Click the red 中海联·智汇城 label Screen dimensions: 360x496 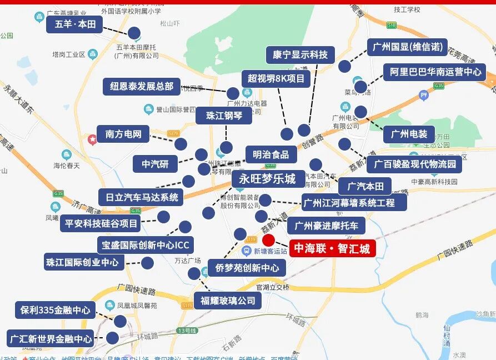pyautogui.click(x=332, y=248)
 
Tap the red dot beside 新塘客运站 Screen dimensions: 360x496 pyautogui.click(x=268, y=241)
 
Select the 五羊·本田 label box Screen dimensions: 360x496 pyautogui.click(x=75, y=24)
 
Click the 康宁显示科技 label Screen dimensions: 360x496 pyautogui.click(x=300, y=54)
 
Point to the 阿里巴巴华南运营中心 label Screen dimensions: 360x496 pyautogui.click(x=434, y=72)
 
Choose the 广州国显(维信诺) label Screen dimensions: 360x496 pyautogui.click(x=407, y=47)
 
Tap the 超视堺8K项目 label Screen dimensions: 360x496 pyautogui.click(x=276, y=78)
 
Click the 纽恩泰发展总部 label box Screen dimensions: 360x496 pyautogui.click(x=142, y=87)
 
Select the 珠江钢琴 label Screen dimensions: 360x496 pyautogui.click(x=224, y=116)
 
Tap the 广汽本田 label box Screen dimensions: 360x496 pyautogui.click(x=365, y=186)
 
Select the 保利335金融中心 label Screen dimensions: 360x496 pyautogui.click(x=55, y=310)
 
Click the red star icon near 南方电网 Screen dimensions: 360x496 pyautogui.click(x=92, y=138)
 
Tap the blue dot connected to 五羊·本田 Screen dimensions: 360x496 pyautogui.click(x=134, y=33)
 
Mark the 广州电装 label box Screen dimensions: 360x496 pyautogui.click(x=409, y=134)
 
